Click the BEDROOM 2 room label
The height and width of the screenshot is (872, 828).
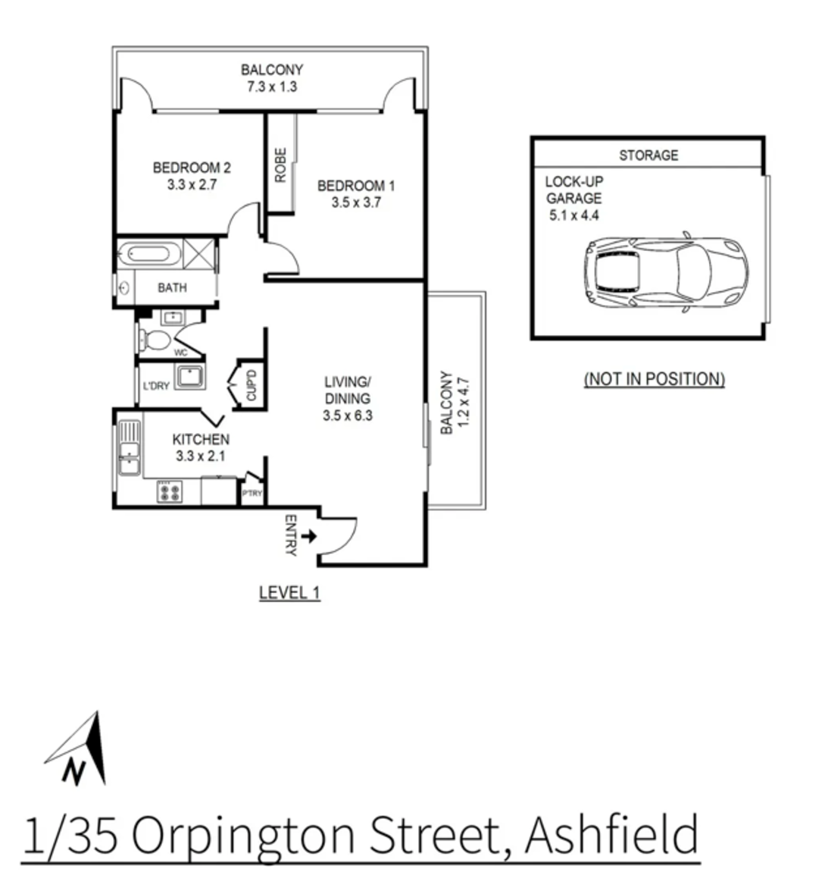coord(192,168)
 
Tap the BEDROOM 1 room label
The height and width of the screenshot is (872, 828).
coord(356,186)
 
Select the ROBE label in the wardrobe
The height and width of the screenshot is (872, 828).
coord(280,165)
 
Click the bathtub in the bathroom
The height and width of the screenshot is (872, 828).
coord(152,253)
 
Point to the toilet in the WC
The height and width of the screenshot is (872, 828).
coord(156,340)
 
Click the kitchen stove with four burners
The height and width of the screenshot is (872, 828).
coord(169,493)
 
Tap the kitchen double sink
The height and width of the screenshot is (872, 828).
coord(129,448)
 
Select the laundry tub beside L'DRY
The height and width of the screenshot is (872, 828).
coord(187,376)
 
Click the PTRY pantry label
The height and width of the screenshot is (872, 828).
coord(252,494)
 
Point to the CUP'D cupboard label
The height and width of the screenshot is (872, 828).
coord(252,385)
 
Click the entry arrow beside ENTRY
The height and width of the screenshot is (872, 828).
coord(309,537)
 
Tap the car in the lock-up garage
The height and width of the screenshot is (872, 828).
coord(665,273)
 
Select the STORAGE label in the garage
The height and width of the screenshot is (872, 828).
coord(648,155)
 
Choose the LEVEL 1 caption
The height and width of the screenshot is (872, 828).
coord(289,593)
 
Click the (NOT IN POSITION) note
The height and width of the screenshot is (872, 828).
coord(654,379)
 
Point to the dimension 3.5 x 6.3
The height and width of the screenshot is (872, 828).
coord(348,415)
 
